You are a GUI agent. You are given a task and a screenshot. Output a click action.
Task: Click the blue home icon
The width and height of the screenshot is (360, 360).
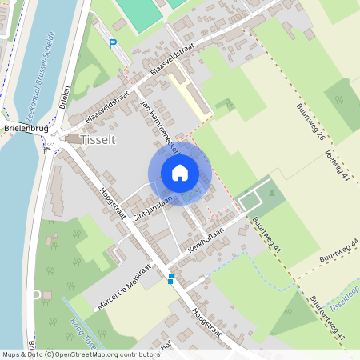click(x=180, y=173)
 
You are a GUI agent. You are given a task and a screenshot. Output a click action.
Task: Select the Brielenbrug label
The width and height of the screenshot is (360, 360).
click(x=26, y=128)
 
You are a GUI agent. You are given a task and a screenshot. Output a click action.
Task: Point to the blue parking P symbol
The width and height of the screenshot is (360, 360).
click(x=113, y=45)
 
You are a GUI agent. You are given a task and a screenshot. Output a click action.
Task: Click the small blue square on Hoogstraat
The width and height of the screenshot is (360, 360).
click(x=170, y=278)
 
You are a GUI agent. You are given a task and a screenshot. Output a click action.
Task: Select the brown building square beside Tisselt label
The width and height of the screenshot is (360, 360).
click(x=74, y=139)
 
